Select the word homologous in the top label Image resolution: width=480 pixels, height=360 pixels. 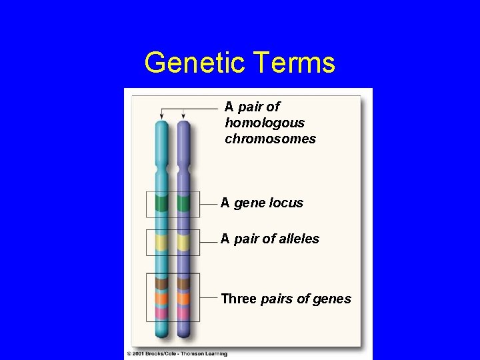pos(265,123)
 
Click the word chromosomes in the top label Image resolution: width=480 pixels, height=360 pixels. pos(270,139)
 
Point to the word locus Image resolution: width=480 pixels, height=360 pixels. pos(286,203)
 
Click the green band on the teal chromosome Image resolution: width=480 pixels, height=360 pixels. pos(161,203)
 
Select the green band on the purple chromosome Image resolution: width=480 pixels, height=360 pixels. pos(184,203)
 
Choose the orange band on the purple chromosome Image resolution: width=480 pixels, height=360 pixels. pos(184,298)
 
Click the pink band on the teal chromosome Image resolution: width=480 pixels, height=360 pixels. pos(161,312)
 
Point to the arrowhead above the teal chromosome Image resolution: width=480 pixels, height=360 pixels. pos(161,117)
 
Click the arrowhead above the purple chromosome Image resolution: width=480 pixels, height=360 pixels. pos(184,117)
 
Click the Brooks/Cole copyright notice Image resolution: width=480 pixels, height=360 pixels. pos(177,353)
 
